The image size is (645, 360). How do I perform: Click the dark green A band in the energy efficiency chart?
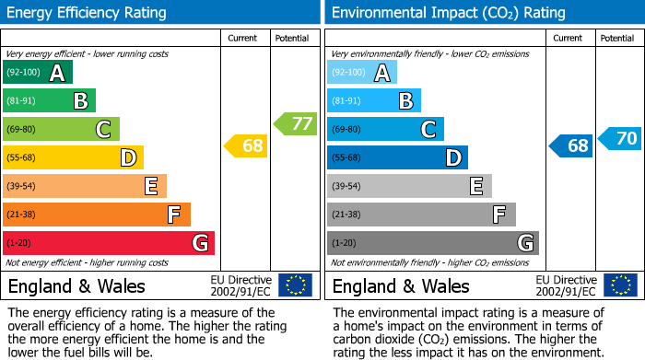(x=38, y=73)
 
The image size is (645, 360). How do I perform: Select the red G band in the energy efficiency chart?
(x=108, y=243)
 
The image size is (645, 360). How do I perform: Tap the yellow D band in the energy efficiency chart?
(x=73, y=158)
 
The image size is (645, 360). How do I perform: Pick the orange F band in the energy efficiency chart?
(x=97, y=215)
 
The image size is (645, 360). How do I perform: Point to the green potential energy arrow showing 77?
(x=295, y=123)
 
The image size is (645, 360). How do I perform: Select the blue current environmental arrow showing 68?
(x=571, y=145)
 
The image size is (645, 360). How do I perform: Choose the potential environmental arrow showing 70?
(x=620, y=139)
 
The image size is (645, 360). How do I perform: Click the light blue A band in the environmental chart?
(x=362, y=73)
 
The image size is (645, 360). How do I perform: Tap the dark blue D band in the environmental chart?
(x=397, y=158)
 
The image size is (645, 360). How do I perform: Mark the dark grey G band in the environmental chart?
(x=432, y=243)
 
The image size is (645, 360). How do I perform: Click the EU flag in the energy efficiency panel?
(x=295, y=285)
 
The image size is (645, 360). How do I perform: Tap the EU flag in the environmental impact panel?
(x=620, y=285)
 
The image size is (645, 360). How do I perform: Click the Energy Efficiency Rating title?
(x=88, y=13)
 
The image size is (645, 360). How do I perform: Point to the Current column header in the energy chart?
(x=242, y=38)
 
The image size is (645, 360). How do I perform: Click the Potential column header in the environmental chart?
(x=616, y=38)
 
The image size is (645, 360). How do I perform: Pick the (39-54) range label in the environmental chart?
(x=348, y=187)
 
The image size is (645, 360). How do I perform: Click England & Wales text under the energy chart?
(x=76, y=286)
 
